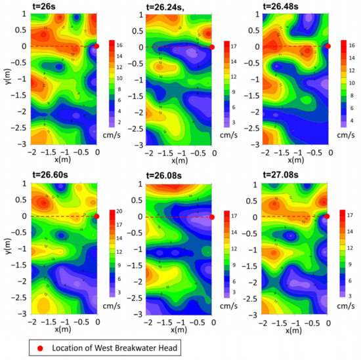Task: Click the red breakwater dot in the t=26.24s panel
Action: (212, 47)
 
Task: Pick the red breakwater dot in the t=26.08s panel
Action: (212, 216)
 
